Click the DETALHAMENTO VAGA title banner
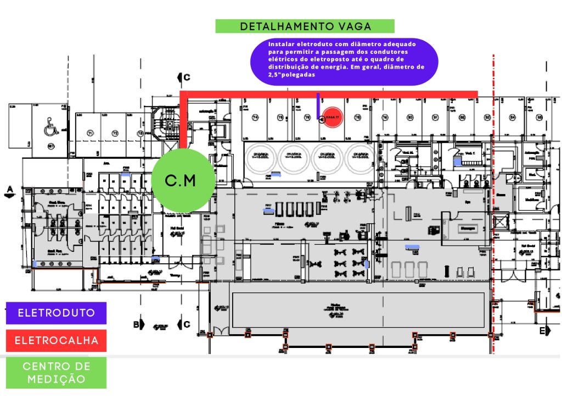point(305,26)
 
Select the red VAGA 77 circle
point(332,118)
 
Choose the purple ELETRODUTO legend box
point(57,313)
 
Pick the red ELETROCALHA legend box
point(57,340)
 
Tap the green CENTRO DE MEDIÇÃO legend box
point(57,373)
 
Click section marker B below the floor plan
point(137,324)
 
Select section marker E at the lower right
point(542,330)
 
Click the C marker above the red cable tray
point(186,77)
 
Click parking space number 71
point(89,133)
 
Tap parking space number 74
point(255,118)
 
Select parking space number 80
point(410,118)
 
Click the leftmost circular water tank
point(260,158)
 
